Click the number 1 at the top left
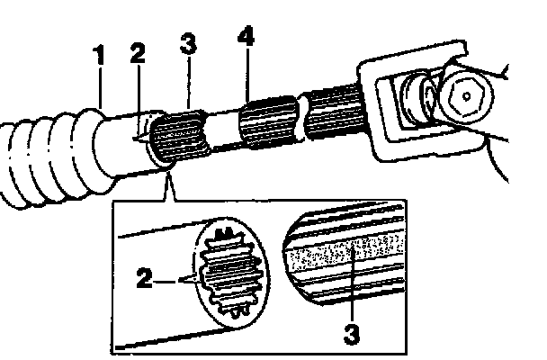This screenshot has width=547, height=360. click(100, 55)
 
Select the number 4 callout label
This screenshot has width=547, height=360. click(245, 39)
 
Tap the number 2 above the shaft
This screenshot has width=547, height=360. click(137, 53)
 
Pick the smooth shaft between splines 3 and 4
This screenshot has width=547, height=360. click(221, 129)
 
